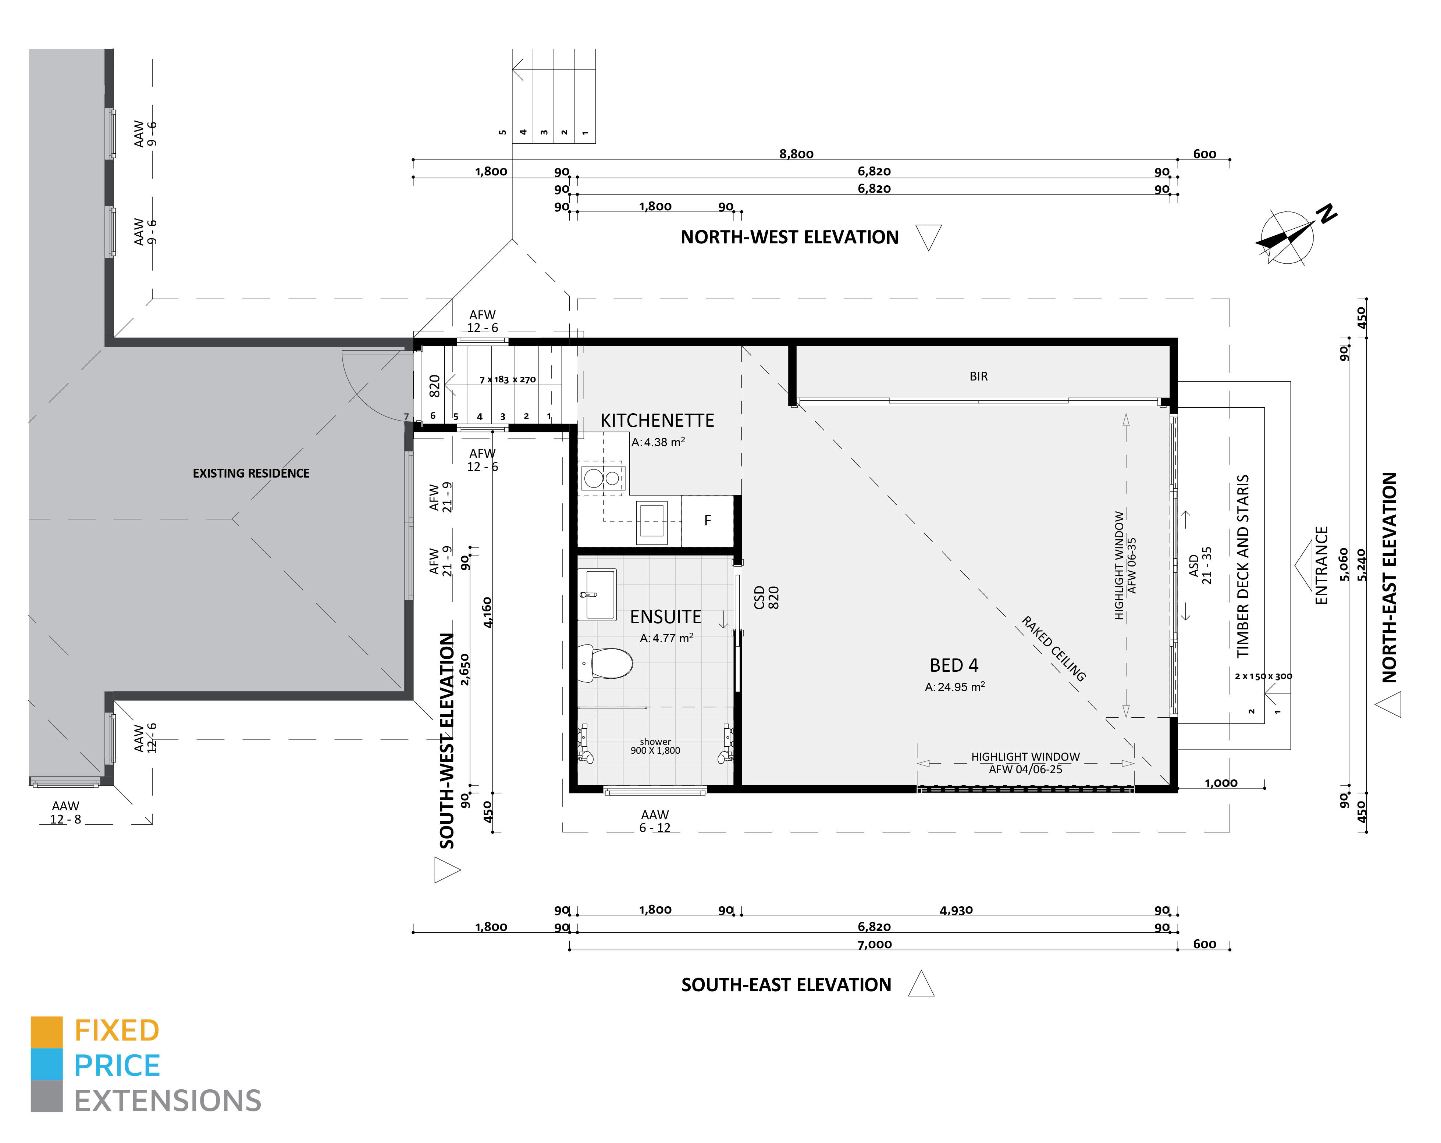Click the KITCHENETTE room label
click(x=657, y=420)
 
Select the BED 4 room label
click(x=954, y=665)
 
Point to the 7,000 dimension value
click(x=874, y=944)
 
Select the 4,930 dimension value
click(x=956, y=910)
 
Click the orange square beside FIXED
click(x=47, y=1032)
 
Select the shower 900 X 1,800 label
click(x=655, y=746)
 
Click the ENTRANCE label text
click(x=1321, y=565)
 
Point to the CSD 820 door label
click(x=766, y=597)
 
